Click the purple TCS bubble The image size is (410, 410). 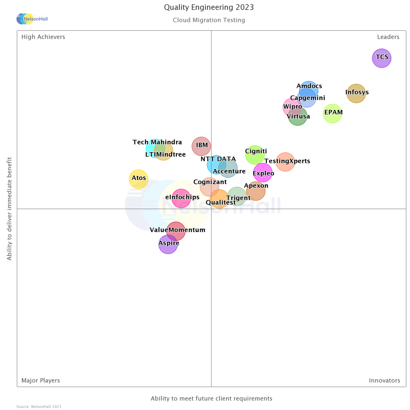click(x=382, y=58)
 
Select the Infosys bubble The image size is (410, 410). click(x=356, y=94)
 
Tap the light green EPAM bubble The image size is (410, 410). click(x=333, y=113)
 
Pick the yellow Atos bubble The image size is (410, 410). click(x=139, y=179)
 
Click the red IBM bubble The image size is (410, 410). click(x=201, y=146)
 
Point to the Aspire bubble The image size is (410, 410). click(x=168, y=244)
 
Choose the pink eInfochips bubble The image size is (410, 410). click(x=181, y=198)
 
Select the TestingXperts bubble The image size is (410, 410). click(x=285, y=162)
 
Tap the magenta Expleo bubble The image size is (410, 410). click(x=263, y=173)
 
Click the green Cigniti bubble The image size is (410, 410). click(x=255, y=155)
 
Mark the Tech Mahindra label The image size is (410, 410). click(x=157, y=142)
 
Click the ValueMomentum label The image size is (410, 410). click(x=177, y=230)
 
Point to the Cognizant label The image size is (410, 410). click(x=210, y=182)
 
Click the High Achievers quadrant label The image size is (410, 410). click(x=43, y=37)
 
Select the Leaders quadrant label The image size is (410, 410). click(x=388, y=37)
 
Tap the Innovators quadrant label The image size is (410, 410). click(x=384, y=380)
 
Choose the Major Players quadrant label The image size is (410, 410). click(x=41, y=380)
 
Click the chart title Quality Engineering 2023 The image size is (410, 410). click(x=209, y=8)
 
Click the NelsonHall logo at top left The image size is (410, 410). click(x=32, y=19)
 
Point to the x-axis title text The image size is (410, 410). click(x=211, y=398)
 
